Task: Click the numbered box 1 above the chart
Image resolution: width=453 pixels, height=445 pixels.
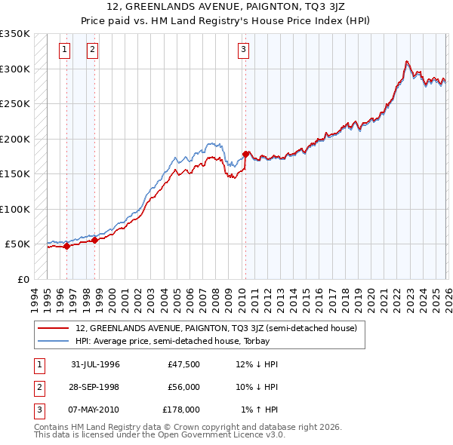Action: [64, 51]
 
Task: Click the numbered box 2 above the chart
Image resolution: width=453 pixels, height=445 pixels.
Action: [92, 51]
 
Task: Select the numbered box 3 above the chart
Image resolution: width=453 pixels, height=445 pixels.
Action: [244, 51]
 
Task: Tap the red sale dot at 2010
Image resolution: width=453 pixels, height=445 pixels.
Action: [245, 154]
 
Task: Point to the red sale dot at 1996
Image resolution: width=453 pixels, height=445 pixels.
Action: [67, 246]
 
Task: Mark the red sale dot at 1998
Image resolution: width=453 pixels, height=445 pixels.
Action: [95, 240]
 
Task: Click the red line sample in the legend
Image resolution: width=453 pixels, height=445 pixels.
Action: [53, 328]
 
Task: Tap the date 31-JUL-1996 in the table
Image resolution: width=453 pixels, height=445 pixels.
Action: [95, 364]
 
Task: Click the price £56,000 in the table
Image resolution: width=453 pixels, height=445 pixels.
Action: [183, 387]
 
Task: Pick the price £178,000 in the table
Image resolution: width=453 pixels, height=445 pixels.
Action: [180, 410]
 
